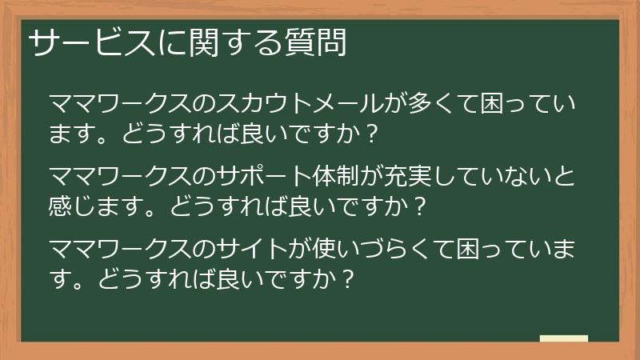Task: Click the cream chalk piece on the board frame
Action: point(564,339)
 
